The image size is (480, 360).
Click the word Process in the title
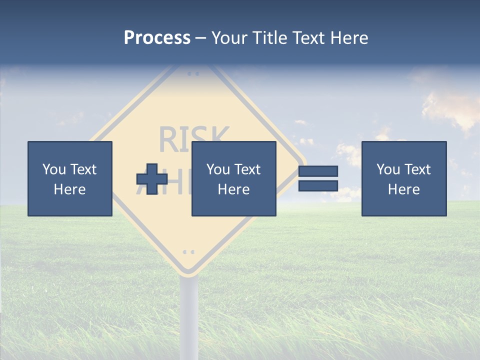[x=157, y=38]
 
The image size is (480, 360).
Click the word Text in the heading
[x=306, y=38]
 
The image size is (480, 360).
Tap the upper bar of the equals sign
[x=318, y=171]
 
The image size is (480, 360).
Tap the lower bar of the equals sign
[x=318, y=185]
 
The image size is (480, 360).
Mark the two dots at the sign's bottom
[x=188, y=251]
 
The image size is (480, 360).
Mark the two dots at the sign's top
[x=193, y=73]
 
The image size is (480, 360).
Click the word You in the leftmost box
[x=54, y=169]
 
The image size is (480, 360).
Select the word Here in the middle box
[x=233, y=189]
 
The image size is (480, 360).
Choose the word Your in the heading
[x=230, y=38]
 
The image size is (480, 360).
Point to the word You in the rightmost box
[x=388, y=169]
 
